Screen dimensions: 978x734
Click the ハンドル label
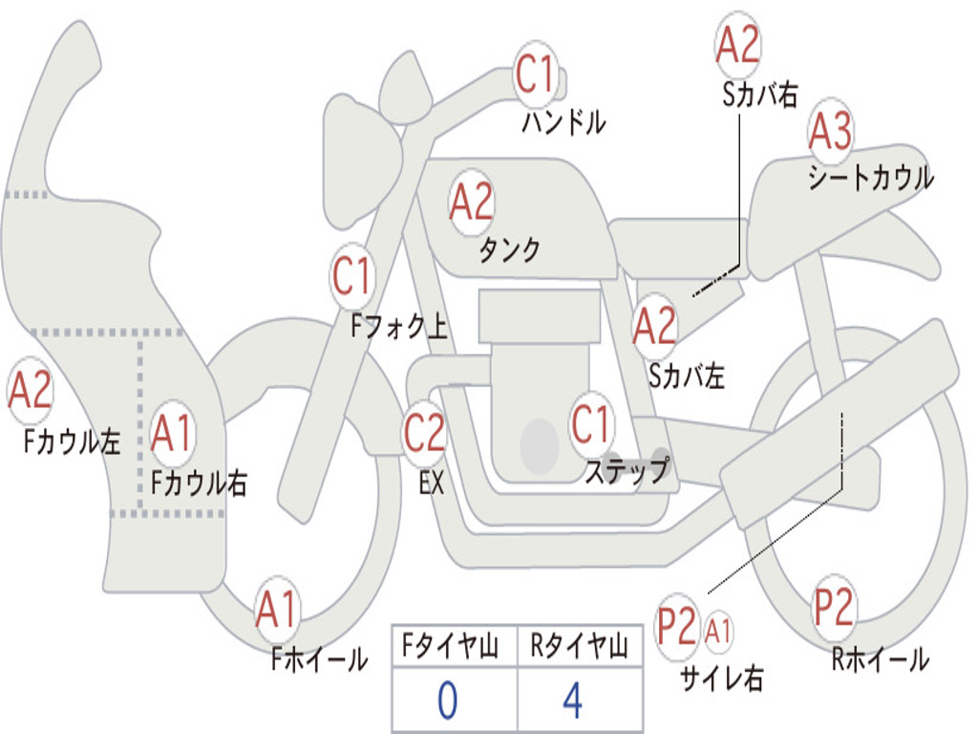point(563,122)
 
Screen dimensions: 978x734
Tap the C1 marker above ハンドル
point(535,74)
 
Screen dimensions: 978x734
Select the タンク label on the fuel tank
point(509,250)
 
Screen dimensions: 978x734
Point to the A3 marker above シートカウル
point(830,130)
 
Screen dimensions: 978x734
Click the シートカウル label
point(871,177)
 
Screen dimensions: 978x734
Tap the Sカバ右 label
point(759,95)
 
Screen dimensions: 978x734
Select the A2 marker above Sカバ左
point(654,326)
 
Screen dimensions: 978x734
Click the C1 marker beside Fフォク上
point(351,276)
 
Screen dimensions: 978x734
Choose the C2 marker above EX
point(424,433)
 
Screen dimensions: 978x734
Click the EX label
point(432,483)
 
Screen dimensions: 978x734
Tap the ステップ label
point(627,469)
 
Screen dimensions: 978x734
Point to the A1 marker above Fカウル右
point(171,433)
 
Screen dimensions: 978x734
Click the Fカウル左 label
point(72,441)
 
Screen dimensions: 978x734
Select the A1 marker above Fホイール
point(276,609)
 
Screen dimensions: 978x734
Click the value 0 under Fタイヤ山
point(447,701)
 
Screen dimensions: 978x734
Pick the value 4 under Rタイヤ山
point(573,701)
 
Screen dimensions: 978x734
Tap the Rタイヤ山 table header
point(579,646)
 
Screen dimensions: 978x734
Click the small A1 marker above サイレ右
point(717,632)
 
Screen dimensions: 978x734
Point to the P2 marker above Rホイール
point(833,607)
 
